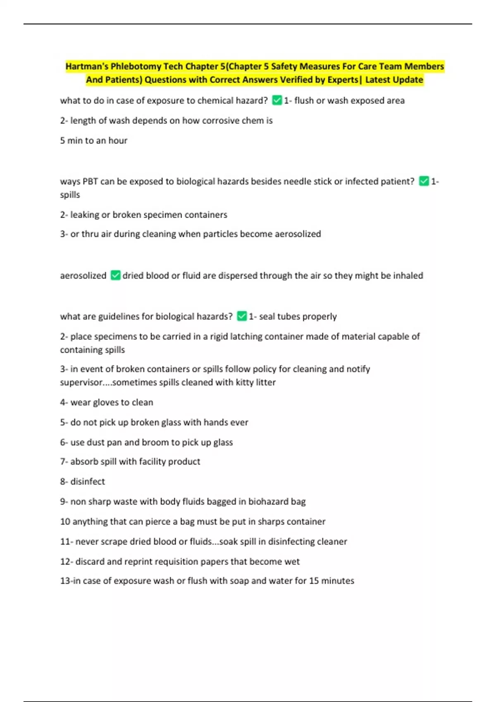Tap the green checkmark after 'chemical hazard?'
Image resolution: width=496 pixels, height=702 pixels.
click(277, 100)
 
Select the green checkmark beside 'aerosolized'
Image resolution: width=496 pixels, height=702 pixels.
click(115, 275)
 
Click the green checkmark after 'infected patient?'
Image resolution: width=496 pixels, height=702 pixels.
click(424, 181)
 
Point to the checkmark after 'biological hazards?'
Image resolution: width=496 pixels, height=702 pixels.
click(242, 316)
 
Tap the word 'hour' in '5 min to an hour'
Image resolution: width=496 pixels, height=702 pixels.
click(118, 140)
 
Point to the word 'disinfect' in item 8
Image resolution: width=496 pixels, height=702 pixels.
click(88, 481)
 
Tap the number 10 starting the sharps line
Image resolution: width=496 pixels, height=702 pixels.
click(65, 522)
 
